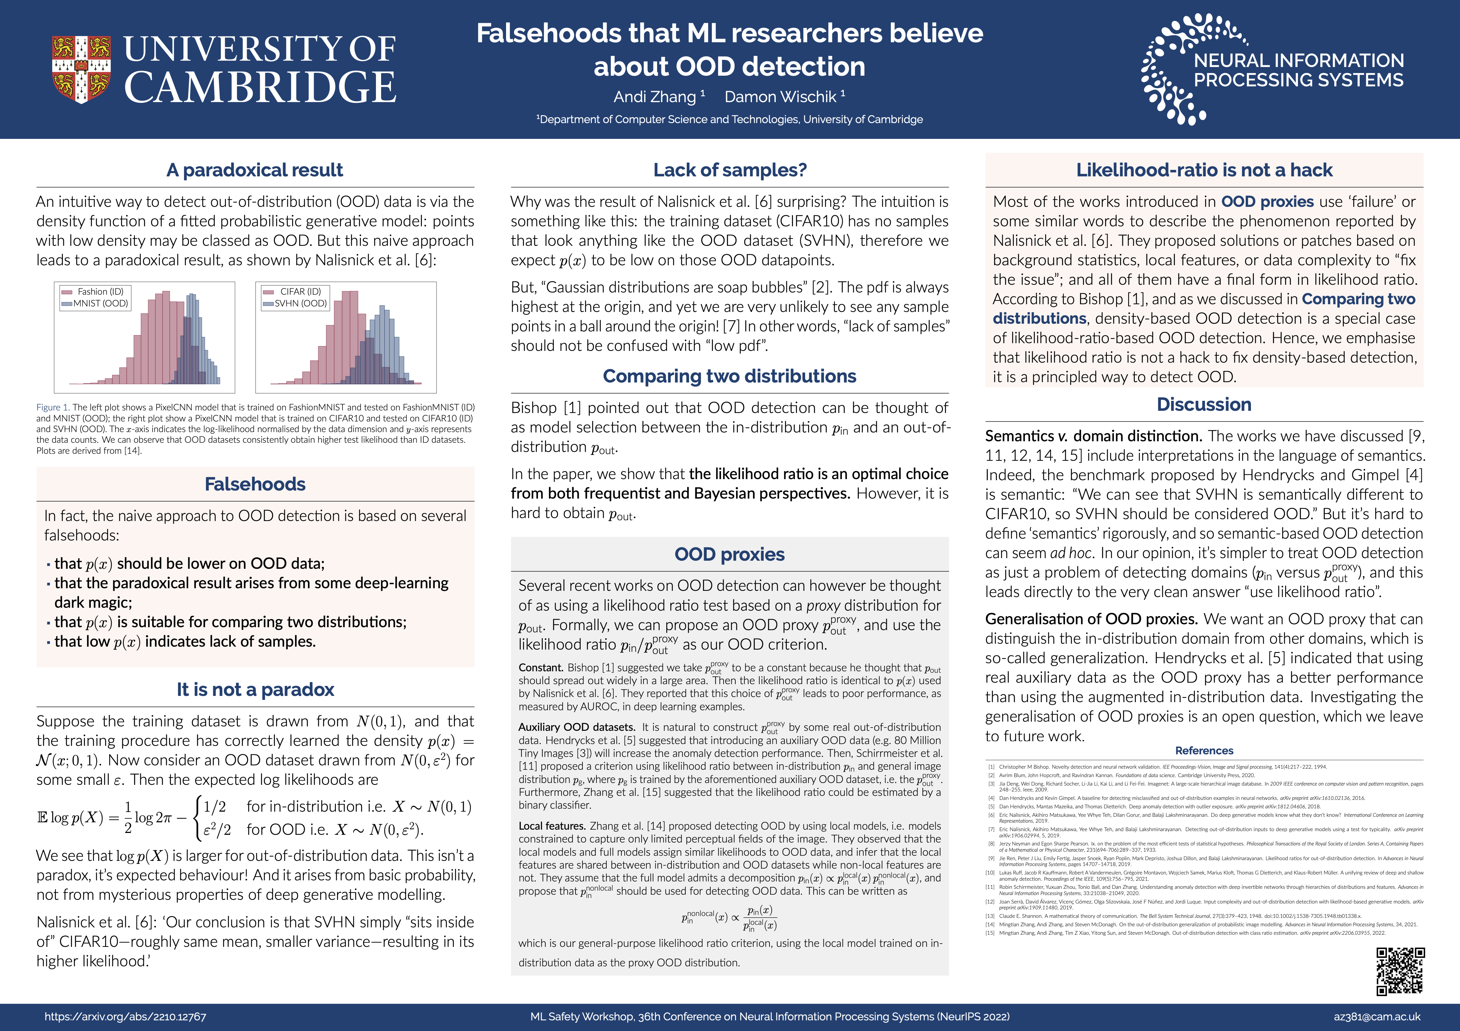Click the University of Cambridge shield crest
(81, 69)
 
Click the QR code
(1400, 971)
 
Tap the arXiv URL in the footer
(125, 1016)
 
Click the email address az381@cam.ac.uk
(1377, 1016)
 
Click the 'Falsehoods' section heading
(255, 484)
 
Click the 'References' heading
(1204, 751)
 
